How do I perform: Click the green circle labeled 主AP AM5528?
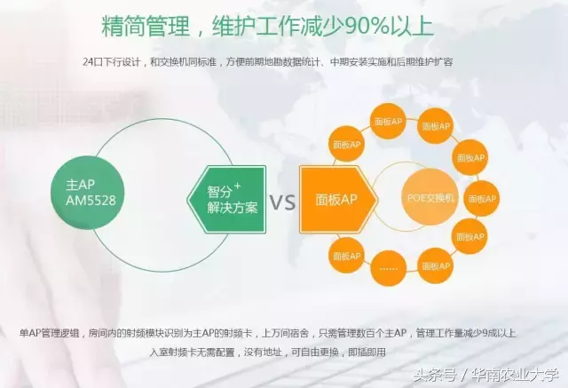pyautogui.click(x=87, y=193)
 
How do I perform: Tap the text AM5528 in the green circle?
pyautogui.click(x=91, y=201)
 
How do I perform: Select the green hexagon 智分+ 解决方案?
pyautogui.click(x=227, y=199)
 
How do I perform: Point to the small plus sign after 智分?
pyautogui.click(x=237, y=186)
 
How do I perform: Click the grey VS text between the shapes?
pyautogui.click(x=282, y=202)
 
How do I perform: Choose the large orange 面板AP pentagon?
pyautogui.click(x=338, y=199)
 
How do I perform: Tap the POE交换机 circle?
pyautogui.click(x=430, y=198)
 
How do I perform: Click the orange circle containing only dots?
pyautogui.click(x=389, y=268)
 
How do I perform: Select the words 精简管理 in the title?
pyautogui.click(x=146, y=26)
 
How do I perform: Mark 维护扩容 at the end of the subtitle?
pyautogui.click(x=434, y=62)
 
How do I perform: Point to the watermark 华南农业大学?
pyautogui.click(x=515, y=375)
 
